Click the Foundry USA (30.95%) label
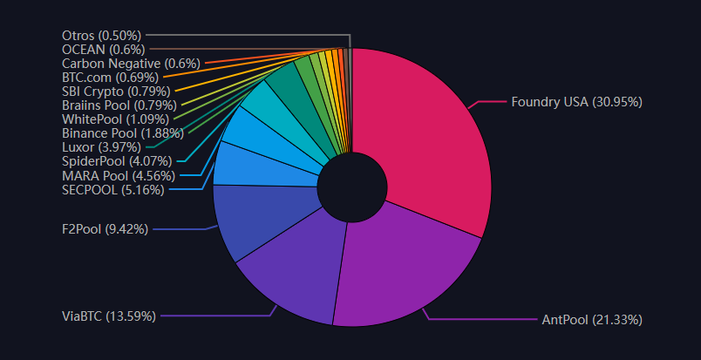point(576,102)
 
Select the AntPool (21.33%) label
point(591,320)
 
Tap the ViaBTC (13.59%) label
point(108,316)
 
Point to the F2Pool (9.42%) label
point(104,229)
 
